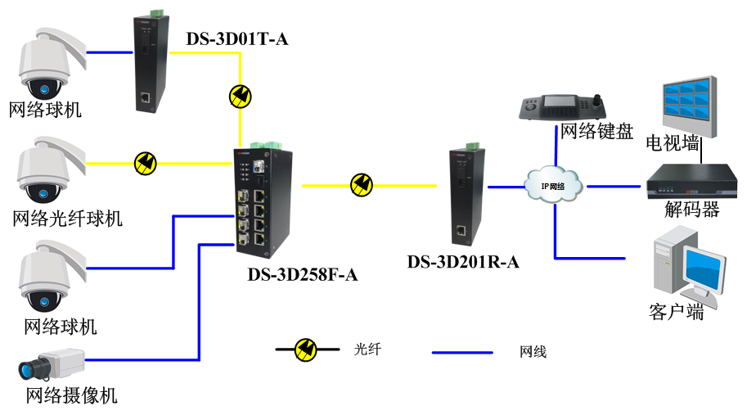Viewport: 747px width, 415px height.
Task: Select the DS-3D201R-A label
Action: [463, 262]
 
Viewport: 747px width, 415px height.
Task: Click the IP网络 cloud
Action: [554, 185]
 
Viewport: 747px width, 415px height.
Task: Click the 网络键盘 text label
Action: [596, 132]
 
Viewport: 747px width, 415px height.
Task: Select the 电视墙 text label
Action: [673, 145]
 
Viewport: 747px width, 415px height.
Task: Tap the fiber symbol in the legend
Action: [307, 350]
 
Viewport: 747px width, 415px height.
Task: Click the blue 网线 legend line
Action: [462, 353]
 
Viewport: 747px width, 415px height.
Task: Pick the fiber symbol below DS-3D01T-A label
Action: [241, 97]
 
